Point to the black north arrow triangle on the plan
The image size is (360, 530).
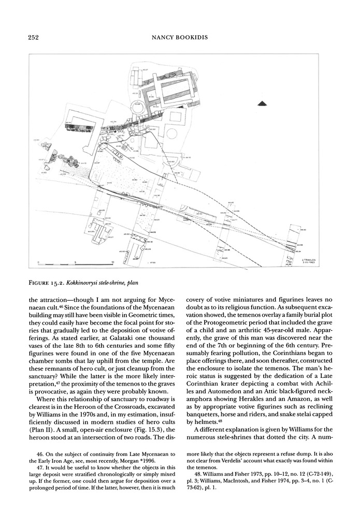coord(263,105)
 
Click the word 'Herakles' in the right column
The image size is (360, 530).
coord(277,394)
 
